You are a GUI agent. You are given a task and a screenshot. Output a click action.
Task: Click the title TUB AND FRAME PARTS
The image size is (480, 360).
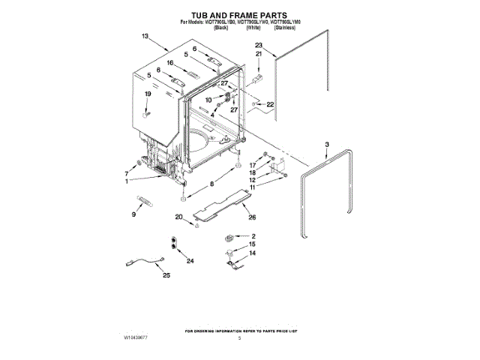point(240,15)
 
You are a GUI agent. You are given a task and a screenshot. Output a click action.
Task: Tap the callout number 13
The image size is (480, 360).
point(145,36)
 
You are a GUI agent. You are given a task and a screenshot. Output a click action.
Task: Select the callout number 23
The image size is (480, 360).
point(259,46)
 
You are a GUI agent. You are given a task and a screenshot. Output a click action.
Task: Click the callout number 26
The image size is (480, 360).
point(252,217)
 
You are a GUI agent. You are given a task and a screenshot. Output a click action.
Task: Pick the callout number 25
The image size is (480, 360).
point(166,275)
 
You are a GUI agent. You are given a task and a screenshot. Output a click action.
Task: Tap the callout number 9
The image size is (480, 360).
point(134,214)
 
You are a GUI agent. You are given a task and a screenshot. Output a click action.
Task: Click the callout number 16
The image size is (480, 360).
point(170,63)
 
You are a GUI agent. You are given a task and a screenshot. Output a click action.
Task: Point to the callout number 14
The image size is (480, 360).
point(252,254)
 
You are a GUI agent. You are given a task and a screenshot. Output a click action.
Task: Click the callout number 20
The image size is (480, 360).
point(179,217)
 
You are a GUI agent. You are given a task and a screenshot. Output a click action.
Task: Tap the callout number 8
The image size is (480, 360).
point(212,184)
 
